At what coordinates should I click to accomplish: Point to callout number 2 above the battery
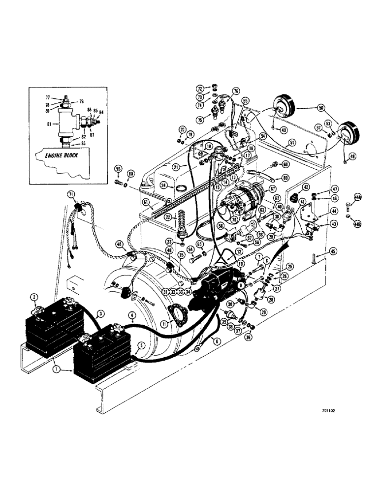click(x=34, y=297)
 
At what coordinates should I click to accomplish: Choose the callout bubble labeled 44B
click(x=357, y=224)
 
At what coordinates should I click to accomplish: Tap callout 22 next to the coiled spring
click(x=167, y=218)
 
